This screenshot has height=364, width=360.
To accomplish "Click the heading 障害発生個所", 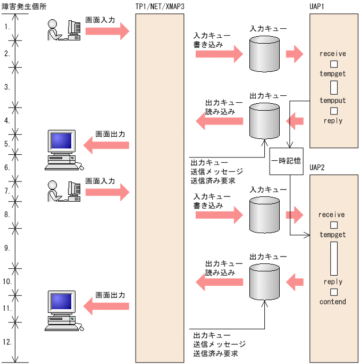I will pyautogui.click(x=22, y=7).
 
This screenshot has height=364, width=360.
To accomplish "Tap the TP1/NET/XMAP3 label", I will pyautogui.click(x=161, y=7).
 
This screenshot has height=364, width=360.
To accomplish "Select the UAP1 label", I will pyautogui.click(x=318, y=7).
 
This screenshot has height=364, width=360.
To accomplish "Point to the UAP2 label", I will pyautogui.click(x=318, y=168).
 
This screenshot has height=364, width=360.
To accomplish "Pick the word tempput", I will pyautogui.click(x=333, y=101).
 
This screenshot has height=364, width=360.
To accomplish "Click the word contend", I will pyautogui.click(x=333, y=302).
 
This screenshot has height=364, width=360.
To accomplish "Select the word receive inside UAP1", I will pyautogui.click(x=333, y=54).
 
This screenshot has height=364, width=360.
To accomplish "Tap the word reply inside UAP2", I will pyautogui.click(x=333, y=282).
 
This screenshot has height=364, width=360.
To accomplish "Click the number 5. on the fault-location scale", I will pyautogui.click(x=7, y=144).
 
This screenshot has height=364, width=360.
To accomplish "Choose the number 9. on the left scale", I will pyautogui.click(x=7, y=247).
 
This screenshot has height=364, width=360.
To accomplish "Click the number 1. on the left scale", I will pyautogui.click(x=7, y=26).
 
